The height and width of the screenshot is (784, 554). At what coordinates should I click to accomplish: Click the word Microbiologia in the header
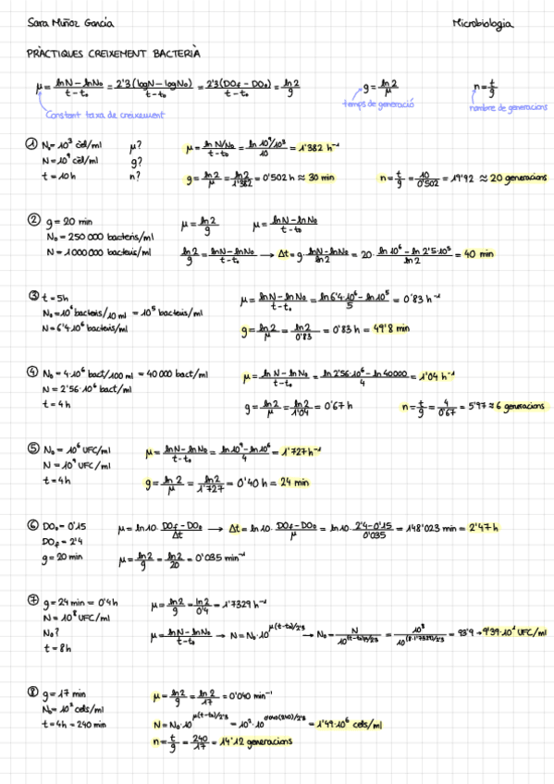[x=483, y=25]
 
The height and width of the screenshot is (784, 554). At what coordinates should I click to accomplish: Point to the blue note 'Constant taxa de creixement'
[x=105, y=115]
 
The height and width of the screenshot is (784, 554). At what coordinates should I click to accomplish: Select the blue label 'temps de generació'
[x=377, y=105]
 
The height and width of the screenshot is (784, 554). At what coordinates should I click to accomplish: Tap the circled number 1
[x=32, y=144]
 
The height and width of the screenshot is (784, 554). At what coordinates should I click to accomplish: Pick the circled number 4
[x=32, y=373]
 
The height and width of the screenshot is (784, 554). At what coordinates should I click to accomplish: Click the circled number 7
[x=32, y=602]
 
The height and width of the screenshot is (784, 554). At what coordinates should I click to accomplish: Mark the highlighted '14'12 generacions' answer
[x=252, y=741]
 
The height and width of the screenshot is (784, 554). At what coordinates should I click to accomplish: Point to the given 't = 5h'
[x=57, y=297]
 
